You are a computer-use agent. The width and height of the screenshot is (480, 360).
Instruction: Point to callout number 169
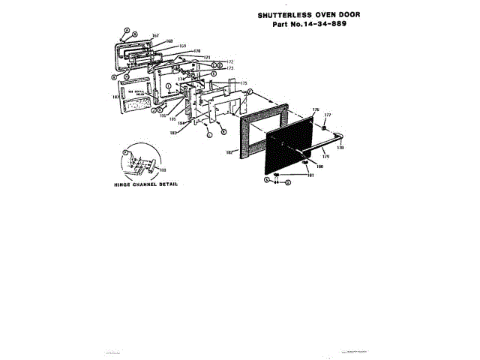click(x=182, y=46)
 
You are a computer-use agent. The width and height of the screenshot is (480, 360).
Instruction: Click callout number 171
click(x=207, y=57)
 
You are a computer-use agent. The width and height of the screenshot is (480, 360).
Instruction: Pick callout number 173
click(x=229, y=68)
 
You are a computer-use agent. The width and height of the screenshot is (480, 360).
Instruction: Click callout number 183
click(x=172, y=133)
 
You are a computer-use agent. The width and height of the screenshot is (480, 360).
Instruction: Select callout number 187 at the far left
click(x=115, y=97)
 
